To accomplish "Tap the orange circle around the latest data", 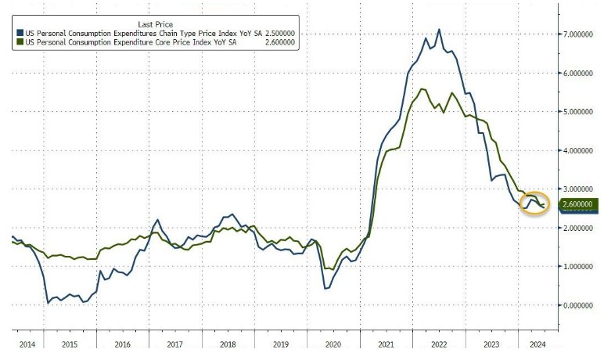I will (x=535, y=203).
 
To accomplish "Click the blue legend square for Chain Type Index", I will (x=19, y=33).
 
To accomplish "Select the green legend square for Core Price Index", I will (x=19, y=42).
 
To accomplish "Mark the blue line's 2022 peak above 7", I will (x=439, y=30).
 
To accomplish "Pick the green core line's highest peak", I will (x=422, y=89).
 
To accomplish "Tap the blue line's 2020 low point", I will (x=325, y=289).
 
